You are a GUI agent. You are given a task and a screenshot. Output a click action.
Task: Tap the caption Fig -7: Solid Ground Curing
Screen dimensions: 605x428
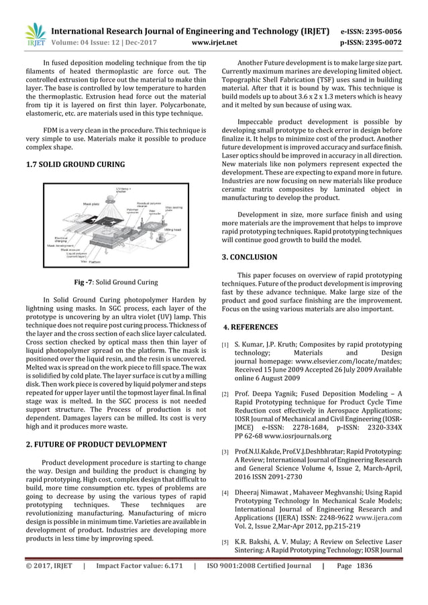(x=116, y=282)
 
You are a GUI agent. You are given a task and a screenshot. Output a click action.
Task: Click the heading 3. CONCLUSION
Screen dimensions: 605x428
(x=249, y=257)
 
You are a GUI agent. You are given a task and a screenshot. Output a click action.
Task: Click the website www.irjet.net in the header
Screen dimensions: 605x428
(x=214, y=43)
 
